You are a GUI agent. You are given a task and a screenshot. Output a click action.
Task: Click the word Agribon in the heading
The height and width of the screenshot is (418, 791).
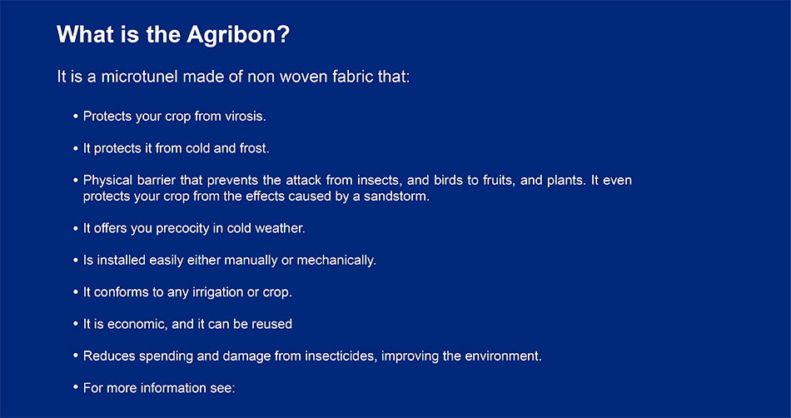[x=239, y=35]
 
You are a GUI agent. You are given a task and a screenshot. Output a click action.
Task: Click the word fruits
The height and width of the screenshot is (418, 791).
[x=500, y=181]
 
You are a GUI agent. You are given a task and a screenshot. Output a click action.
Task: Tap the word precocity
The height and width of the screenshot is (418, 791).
[x=182, y=228]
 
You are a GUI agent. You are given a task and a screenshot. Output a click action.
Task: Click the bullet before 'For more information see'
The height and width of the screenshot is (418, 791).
[x=76, y=387]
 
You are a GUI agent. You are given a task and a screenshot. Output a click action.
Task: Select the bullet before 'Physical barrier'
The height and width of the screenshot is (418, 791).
[x=76, y=180]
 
